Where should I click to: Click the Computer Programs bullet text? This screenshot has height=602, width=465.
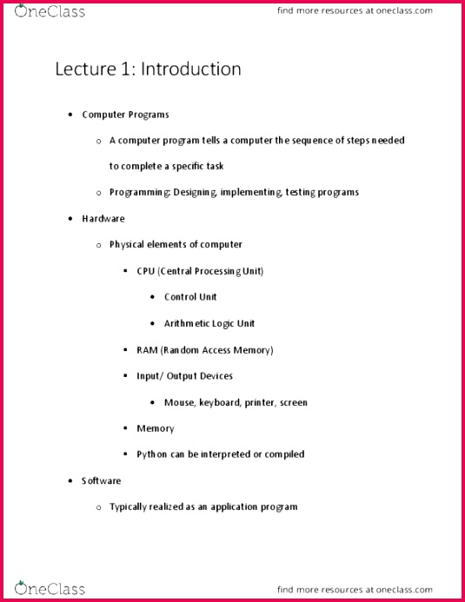(x=125, y=115)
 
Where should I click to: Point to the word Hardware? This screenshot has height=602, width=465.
(x=103, y=219)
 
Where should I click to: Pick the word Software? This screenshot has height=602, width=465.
(x=102, y=480)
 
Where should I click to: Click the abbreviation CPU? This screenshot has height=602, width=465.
(x=145, y=271)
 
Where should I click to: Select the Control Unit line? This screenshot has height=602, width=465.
(x=190, y=297)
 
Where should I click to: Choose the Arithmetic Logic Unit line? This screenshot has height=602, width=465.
(x=209, y=324)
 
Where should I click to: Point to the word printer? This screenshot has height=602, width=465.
(x=261, y=403)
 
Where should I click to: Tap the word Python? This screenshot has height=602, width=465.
(x=152, y=454)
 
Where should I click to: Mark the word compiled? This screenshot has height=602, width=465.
(x=284, y=454)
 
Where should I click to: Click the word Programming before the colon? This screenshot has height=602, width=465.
(x=137, y=193)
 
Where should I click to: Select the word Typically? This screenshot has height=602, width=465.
(x=130, y=506)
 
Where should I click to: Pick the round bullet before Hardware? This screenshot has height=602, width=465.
(x=70, y=219)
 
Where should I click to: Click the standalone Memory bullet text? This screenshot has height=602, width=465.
(x=156, y=428)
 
